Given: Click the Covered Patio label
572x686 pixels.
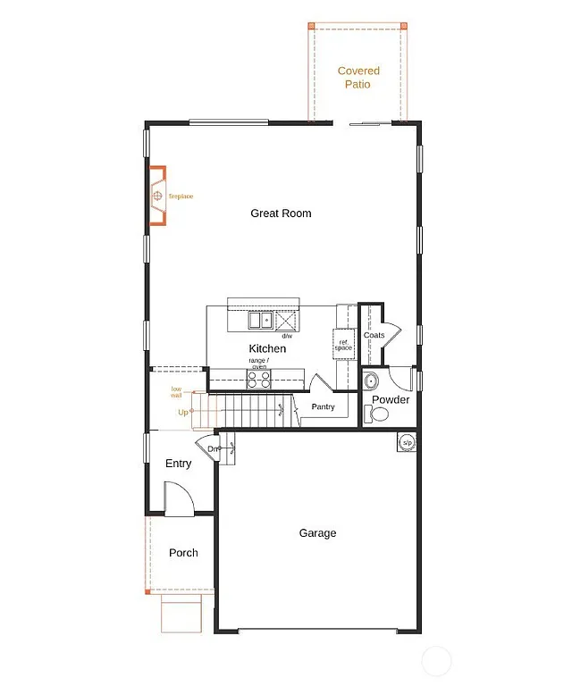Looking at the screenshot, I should [358, 77].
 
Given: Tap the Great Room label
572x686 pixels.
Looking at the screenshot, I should [281, 213].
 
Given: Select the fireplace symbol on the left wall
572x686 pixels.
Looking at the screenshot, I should [157, 196].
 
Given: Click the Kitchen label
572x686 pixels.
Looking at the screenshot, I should [267, 348].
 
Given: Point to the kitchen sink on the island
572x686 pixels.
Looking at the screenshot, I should [260, 320].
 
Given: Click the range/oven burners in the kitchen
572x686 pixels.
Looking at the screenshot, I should [259, 379].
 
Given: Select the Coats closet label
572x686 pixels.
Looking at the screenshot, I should [374, 335].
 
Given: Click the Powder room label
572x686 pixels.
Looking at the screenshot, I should [391, 399].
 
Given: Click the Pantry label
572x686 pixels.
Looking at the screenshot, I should [323, 406].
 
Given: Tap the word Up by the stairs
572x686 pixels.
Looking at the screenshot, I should [183, 412].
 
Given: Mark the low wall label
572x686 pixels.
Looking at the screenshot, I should [177, 391].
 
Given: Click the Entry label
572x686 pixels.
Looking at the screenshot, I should [179, 464].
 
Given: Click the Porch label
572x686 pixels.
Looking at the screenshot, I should [183, 553].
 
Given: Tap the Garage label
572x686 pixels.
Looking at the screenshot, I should [317, 533].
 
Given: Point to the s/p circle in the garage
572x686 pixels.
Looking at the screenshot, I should [407, 442].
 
